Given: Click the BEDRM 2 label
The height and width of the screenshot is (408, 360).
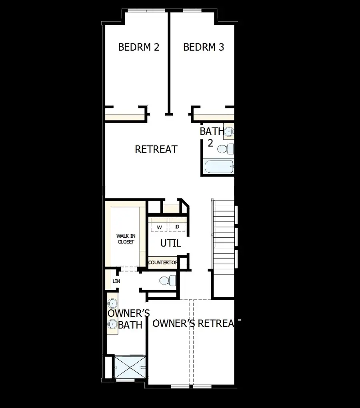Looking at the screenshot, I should pyautogui.click(x=138, y=47).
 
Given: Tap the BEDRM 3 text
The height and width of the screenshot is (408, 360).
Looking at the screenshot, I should pyautogui.click(x=204, y=47).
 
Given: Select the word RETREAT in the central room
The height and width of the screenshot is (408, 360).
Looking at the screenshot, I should pyautogui.click(x=156, y=149).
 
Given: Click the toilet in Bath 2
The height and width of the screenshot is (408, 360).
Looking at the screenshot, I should pyautogui.click(x=224, y=149).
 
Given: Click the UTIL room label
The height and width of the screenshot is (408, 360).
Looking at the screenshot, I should pyautogui.click(x=170, y=243).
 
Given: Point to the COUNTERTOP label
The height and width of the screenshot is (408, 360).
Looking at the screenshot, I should pyautogui.click(x=163, y=263).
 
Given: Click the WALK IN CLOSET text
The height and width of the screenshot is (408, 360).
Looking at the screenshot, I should pyautogui.click(x=125, y=239).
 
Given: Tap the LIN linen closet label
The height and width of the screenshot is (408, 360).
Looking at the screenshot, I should pyautogui.click(x=116, y=281).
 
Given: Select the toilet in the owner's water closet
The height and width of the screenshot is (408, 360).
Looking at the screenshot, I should pyautogui.click(x=166, y=280).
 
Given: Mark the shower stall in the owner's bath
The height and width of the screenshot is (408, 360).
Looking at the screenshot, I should pyautogui.click(x=129, y=366).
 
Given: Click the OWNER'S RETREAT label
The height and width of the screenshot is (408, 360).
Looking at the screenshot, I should pyautogui.click(x=193, y=323).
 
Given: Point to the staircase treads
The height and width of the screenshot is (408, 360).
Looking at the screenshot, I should pyautogui.click(x=223, y=240).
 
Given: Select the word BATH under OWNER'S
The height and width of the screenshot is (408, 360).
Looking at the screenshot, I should pyautogui.click(x=130, y=325).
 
